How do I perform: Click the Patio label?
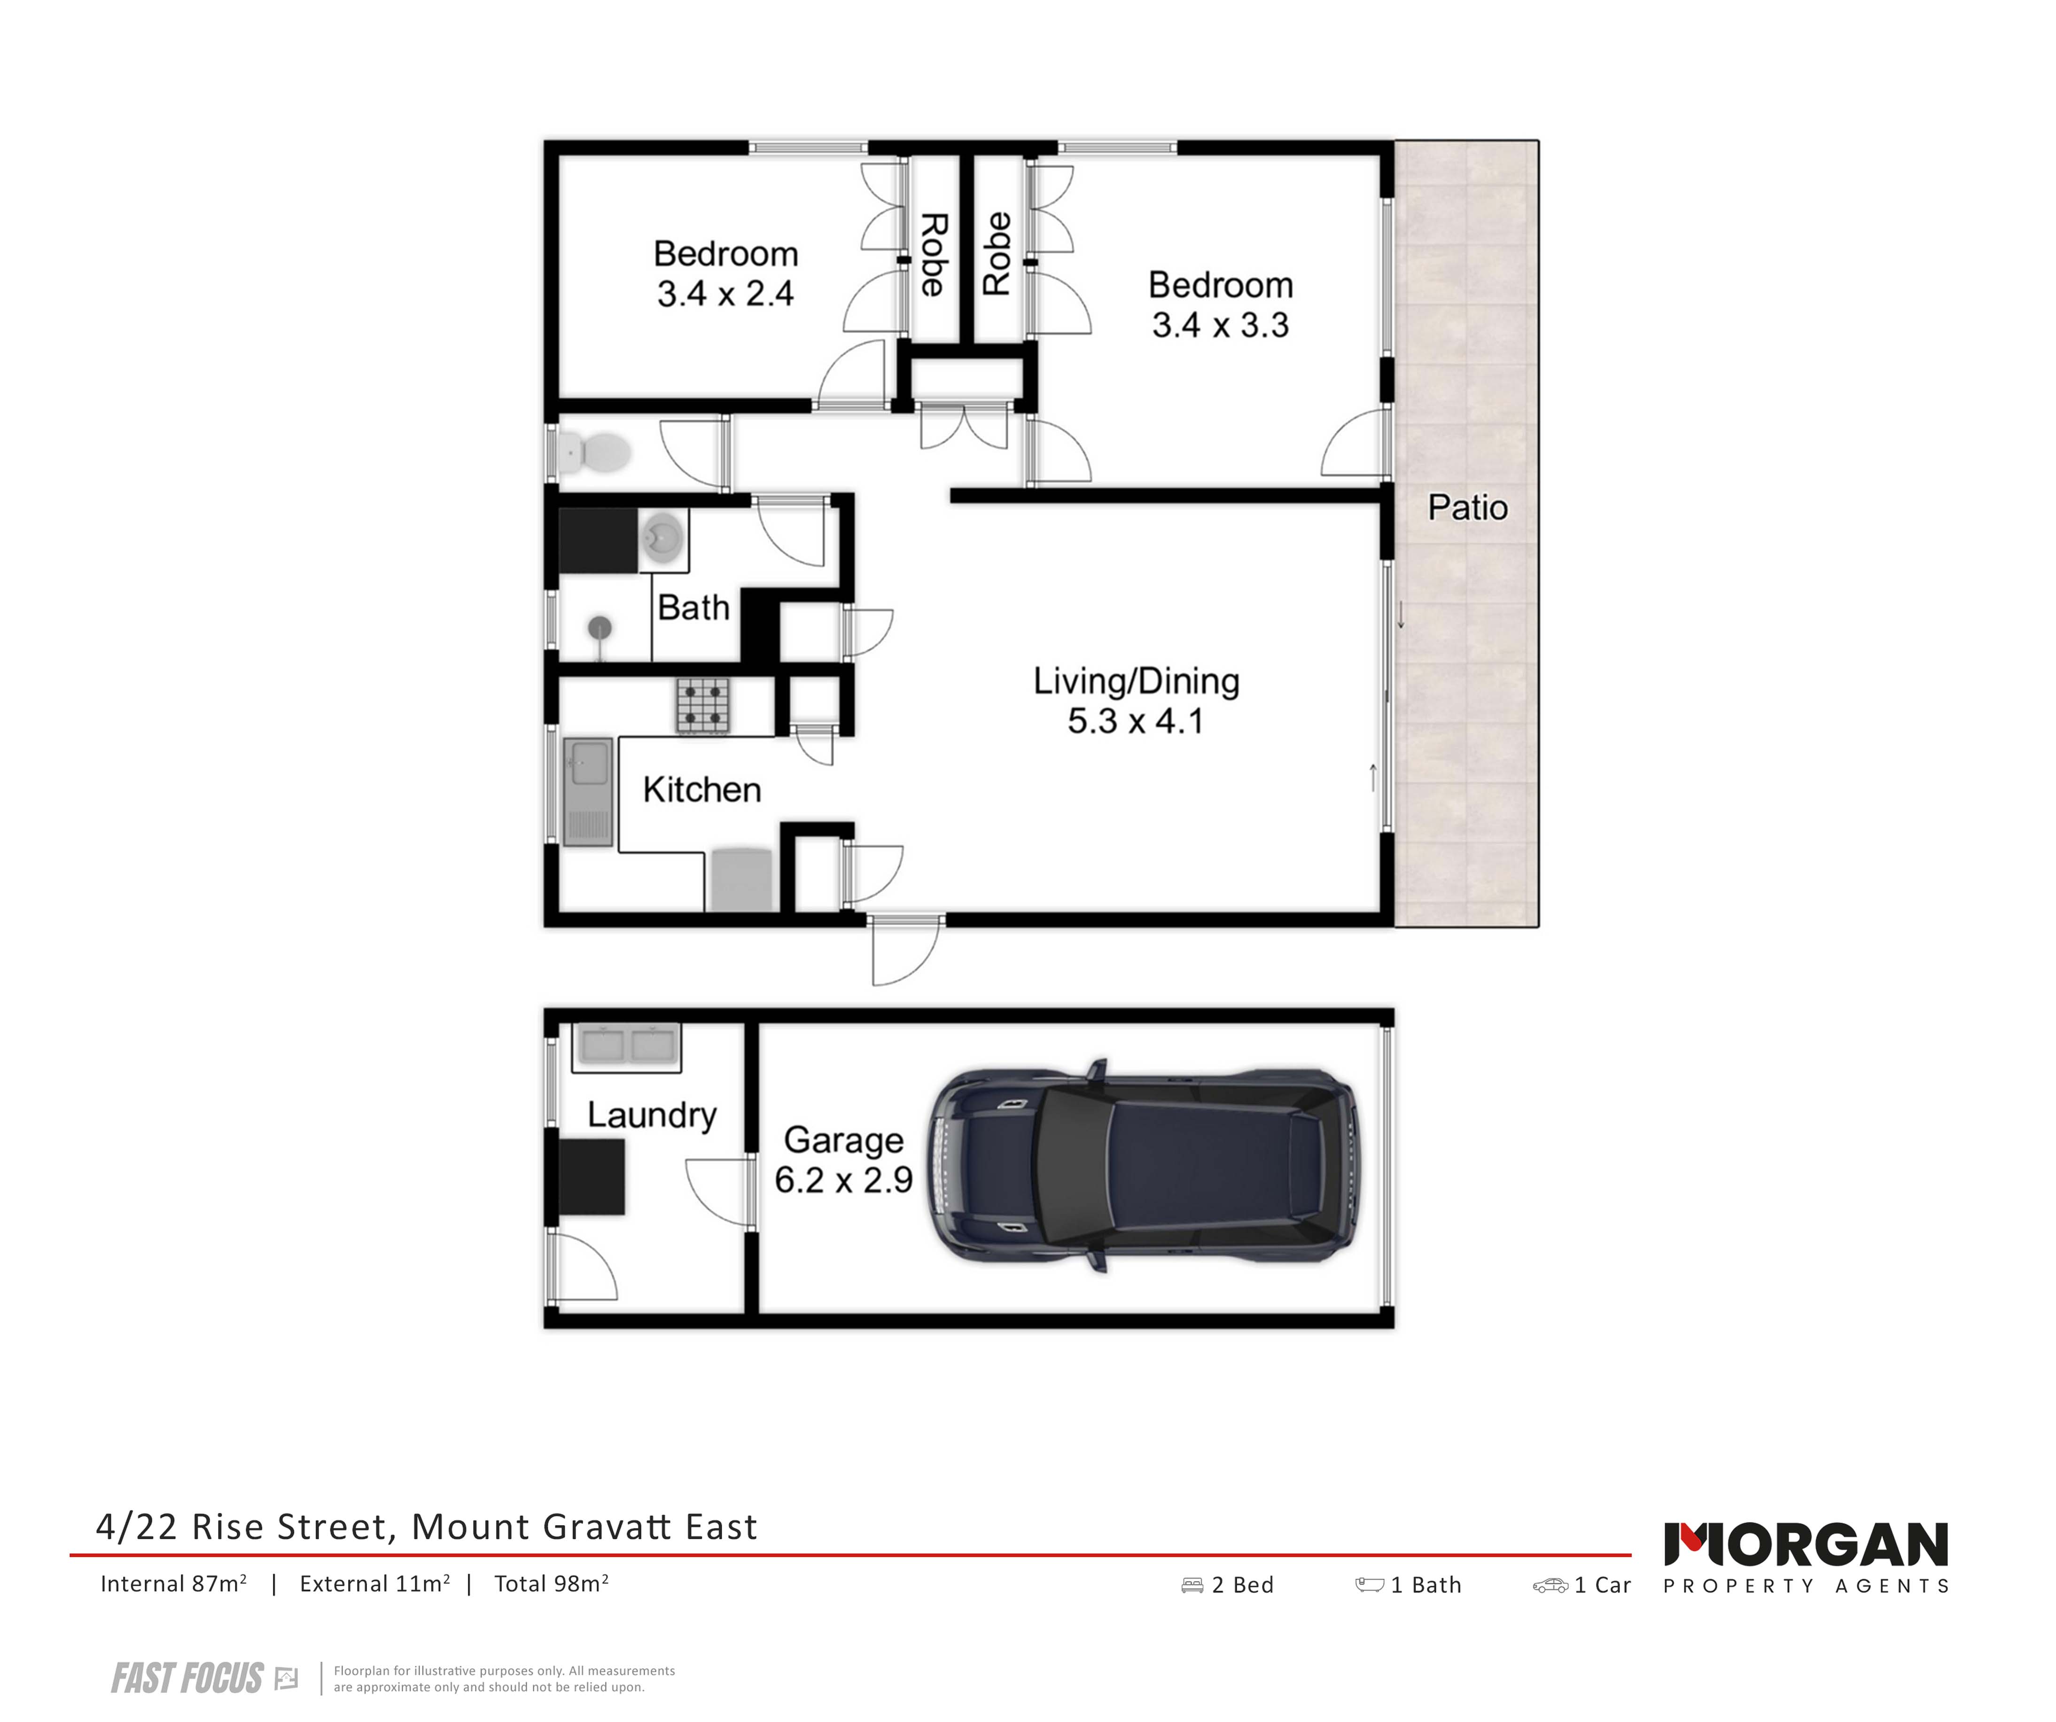pyautogui.click(x=1468, y=507)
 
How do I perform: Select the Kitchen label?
pyautogui.click(x=701, y=789)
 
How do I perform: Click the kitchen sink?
pyautogui.click(x=588, y=791)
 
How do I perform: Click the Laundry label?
pyautogui.click(x=652, y=1115)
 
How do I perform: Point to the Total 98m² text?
pyautogui.click(x=551, y=1584)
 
